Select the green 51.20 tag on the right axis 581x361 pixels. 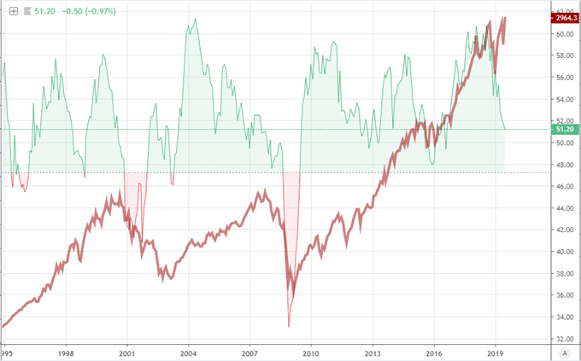tap(562, 129)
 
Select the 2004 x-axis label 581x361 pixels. tap(188, 352)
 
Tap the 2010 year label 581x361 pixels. tap(311, 352)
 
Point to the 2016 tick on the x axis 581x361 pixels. tap(434, 352)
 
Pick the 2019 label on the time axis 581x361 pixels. tap(496, 352)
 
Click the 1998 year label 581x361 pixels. tap(66, 352)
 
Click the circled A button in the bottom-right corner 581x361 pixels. tap(563, 352)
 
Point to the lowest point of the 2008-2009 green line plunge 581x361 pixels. tap(288, 327)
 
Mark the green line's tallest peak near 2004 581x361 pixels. tap(195, 19)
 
